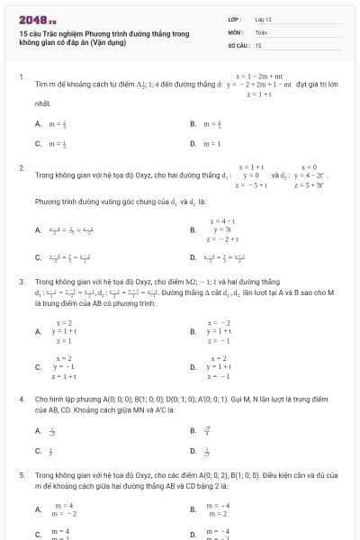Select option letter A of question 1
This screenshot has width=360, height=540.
pyautogui.click(x=38, y=123)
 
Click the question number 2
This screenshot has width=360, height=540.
pyautogui.click(x=21, y=168)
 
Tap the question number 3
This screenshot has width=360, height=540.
pyautogui.click(x=21, y=282)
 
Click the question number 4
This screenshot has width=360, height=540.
pyautogui.click(x=21, y=398)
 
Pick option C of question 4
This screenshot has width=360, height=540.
pyautogui.click(x=38, y=451)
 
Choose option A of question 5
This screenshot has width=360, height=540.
pyautogui.click(x=38, y=509)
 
